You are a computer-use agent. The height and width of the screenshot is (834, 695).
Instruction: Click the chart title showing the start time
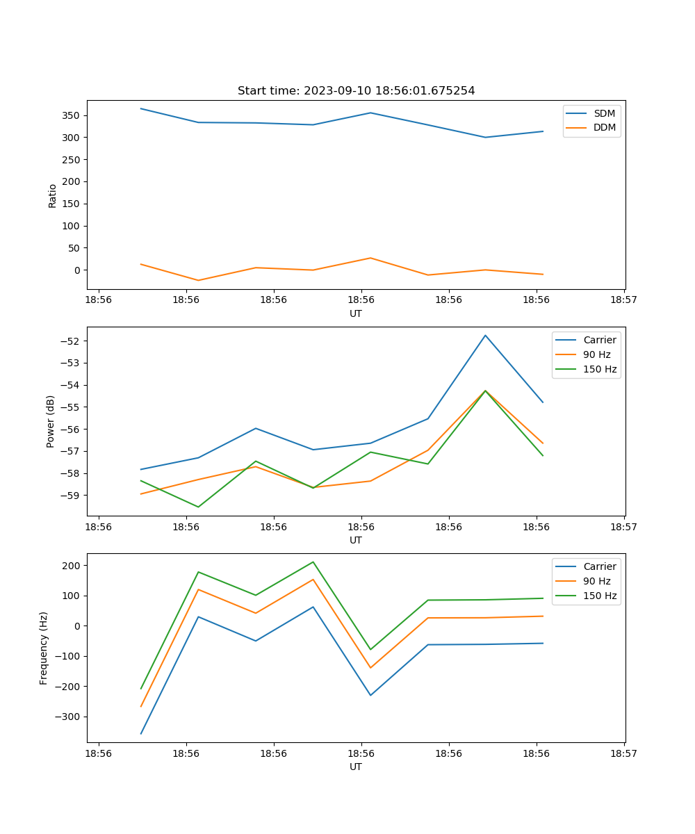click(x=356, y=91)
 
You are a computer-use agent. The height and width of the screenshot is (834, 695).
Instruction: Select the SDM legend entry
click(x=604, y=113)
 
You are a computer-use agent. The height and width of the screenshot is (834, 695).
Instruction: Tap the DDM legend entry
click(x=604, y=127)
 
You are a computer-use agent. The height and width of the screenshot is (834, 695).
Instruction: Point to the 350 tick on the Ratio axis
click(x=72, y=115)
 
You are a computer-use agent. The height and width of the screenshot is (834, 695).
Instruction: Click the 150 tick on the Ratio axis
click(x=72, y=204)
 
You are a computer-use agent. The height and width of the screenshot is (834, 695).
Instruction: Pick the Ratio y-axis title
click(x=53, y=195)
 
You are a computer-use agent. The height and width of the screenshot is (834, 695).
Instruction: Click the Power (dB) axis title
click(x=51, y=422)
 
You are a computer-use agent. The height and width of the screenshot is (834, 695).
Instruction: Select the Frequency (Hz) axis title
click(x=44, y=648)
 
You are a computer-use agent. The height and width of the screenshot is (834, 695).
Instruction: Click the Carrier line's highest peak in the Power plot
click(x=485, y=335)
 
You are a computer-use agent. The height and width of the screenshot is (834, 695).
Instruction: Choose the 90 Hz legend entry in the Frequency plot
click(x=596, y=581)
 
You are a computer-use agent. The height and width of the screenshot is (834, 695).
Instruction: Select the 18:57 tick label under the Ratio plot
click(x=624, y=301)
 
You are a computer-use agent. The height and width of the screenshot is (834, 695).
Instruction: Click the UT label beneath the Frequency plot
click(x=356, y=767)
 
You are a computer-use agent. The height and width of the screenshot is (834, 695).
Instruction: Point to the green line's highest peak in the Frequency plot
click(x=313, y=562)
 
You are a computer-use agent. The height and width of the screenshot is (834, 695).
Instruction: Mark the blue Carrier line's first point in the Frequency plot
click(x=141, y=733)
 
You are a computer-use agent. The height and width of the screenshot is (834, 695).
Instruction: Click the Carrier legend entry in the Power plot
click(x=599, y=340)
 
